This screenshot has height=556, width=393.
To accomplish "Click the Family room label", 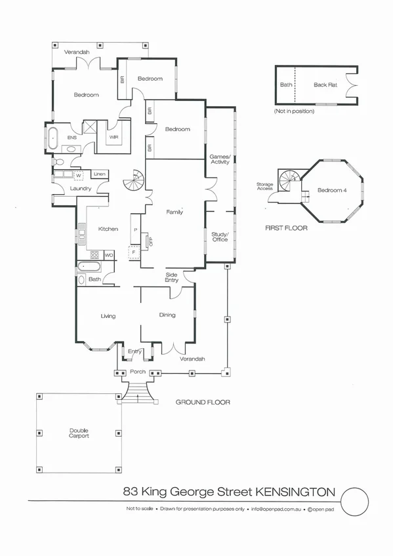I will click(175, 212).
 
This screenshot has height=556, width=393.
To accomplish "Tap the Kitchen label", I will click(108, 229).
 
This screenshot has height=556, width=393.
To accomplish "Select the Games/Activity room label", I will click(219, 159).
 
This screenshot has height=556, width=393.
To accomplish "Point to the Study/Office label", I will click(219, 237).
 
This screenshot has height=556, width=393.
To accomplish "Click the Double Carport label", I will click(79, 433).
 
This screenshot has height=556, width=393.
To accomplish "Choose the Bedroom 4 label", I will click(330, 190).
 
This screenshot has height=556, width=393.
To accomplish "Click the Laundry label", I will click(81, 189).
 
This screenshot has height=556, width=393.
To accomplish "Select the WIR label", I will click(114, 138).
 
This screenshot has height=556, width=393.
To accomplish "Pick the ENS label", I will click(72, 138).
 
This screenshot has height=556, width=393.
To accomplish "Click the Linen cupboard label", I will click(99, 174).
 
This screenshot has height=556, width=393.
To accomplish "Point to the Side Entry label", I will click(172, 277).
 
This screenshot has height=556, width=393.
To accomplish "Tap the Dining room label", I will click(167, 315).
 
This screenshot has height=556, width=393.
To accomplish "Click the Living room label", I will click(108, 316).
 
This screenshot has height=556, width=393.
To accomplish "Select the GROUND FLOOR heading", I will click(203, 402).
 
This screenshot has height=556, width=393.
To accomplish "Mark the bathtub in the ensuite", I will click(53, 138).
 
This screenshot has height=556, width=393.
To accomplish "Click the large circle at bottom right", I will click(360, 502).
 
